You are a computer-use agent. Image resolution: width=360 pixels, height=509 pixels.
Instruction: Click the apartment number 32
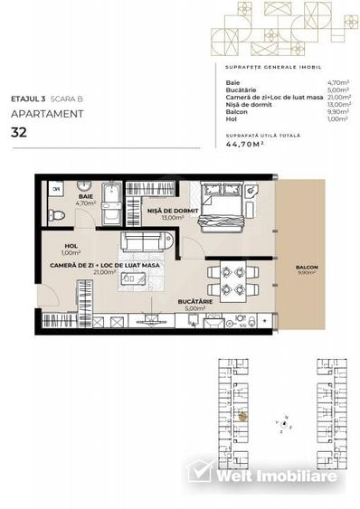tap(17, 132)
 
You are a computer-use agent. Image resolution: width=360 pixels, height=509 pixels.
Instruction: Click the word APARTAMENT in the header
tap(47, 114)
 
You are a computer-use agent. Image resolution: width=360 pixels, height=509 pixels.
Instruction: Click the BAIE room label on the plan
tap(84, 195)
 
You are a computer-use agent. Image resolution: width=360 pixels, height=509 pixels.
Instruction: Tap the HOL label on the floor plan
tap(69, 247)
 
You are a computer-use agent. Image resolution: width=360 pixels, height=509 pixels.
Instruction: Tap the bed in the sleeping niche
tap(223, 209)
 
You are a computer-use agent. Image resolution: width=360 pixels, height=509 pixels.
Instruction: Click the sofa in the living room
tap(145, 243)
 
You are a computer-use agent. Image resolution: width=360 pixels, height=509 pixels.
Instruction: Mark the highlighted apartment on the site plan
tap(242, 415)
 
